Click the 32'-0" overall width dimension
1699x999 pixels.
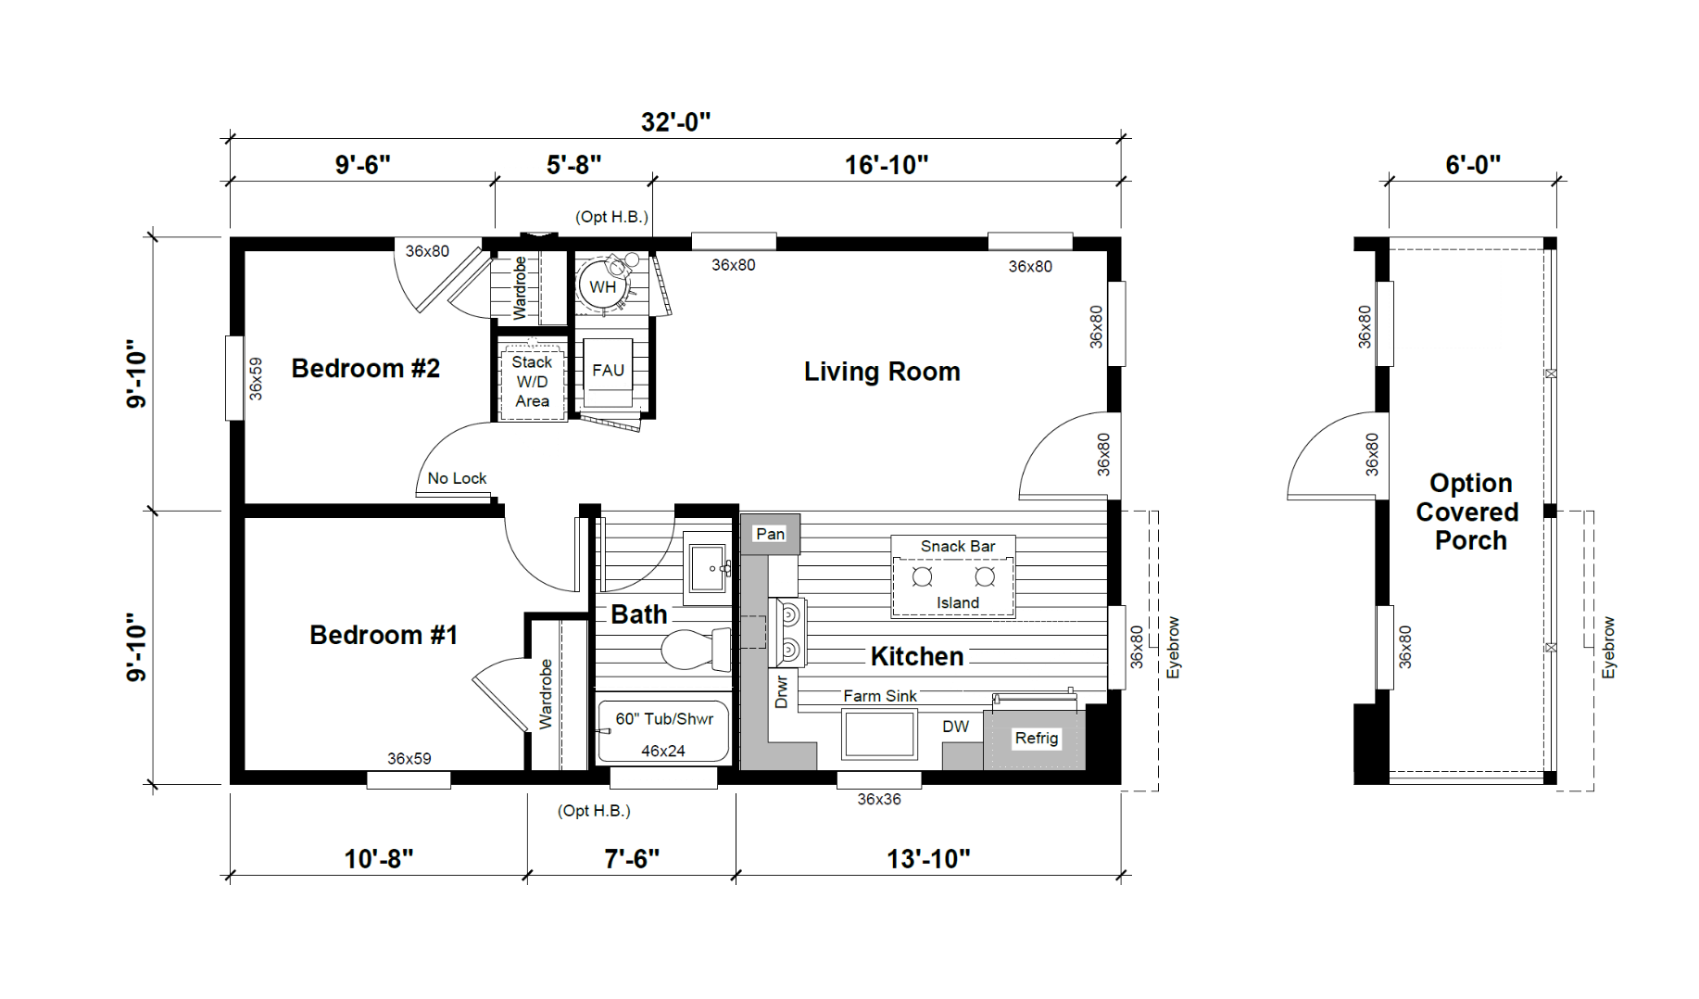[675, 122]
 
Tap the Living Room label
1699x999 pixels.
[882, 372]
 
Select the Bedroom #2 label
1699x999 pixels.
[366, 368]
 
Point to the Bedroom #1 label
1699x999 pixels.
[384, 635]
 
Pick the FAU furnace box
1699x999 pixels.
[608, 373]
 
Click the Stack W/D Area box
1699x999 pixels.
[532, 382]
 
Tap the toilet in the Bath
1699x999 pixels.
[696, 649]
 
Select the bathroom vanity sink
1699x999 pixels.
[709, 566]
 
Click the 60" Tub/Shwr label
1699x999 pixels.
[664, 719]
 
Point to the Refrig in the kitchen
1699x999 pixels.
[1036, 739]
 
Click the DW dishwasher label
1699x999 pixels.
[956, 727]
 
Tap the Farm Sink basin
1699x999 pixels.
[879, 734]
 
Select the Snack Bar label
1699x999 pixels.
[958, 547]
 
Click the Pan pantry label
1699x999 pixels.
[770, 534]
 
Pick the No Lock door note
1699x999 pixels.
[457, 478]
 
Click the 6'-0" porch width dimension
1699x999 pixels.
[1473, 165]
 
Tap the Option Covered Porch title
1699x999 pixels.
[1470, 512]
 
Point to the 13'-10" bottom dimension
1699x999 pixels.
[928, 859]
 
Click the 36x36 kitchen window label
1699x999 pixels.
[878, 799]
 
